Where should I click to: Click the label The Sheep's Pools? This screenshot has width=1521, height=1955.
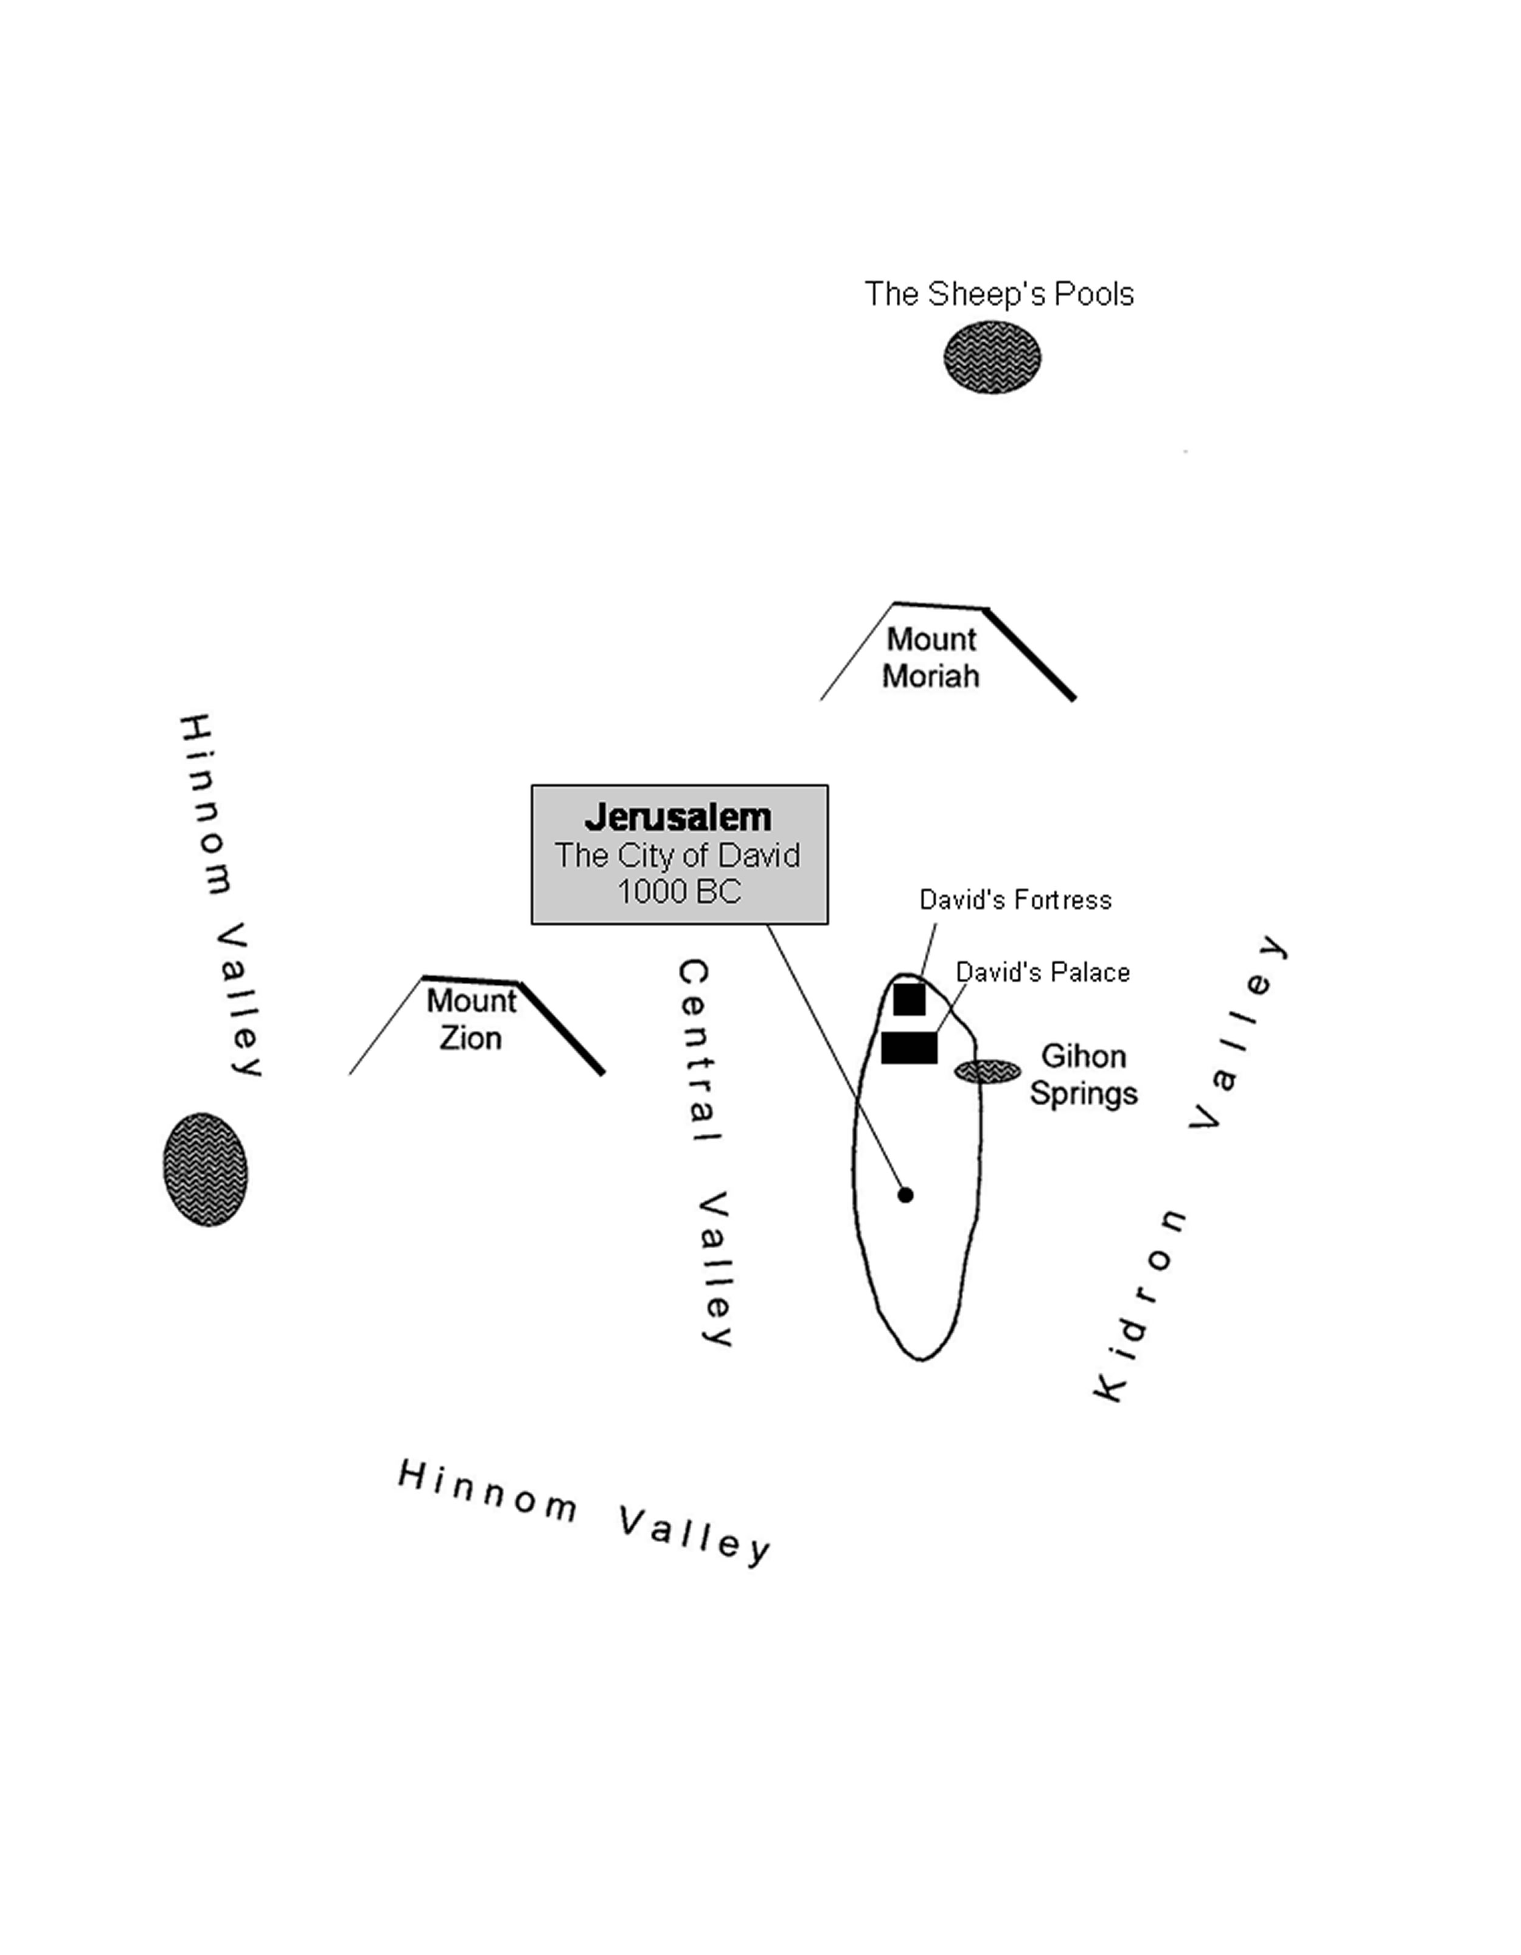point(998,294)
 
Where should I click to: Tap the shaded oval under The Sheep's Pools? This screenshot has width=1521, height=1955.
point(992,357)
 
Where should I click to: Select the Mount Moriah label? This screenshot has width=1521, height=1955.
point(930,658)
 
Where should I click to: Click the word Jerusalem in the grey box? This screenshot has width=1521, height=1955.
point(678,818)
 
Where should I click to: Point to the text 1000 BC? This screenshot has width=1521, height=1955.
point(678,892)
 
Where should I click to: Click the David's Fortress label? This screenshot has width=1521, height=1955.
point(1015,900)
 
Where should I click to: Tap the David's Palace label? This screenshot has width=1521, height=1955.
point(1042,972)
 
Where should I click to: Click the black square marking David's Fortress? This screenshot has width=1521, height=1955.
point(909,999)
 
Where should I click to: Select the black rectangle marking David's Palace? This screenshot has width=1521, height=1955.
point(909,1047)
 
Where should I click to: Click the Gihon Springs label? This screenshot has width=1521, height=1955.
point(1083,1074)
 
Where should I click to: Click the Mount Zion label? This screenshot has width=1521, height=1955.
point(471,1019)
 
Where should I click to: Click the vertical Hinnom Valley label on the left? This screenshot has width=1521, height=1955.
point(220,895)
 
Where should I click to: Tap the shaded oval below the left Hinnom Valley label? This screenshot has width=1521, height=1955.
point(205,1169)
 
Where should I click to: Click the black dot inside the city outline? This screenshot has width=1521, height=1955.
point(905,1194)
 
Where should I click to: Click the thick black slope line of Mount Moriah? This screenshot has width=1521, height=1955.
point(1029,653)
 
